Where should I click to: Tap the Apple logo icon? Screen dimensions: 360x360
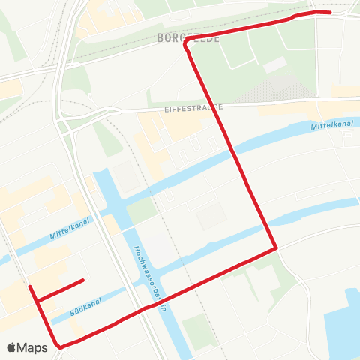click(12, 347)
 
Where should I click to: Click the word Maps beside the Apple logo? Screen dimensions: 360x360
click(33, 347)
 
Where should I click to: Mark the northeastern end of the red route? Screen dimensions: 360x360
click(330, 13)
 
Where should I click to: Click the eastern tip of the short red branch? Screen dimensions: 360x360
click(82, 280)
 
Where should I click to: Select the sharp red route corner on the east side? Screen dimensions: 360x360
click(276, 247)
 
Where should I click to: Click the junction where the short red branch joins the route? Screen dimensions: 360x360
click(37, 301)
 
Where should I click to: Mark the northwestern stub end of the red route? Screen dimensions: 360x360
click(29, 286)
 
